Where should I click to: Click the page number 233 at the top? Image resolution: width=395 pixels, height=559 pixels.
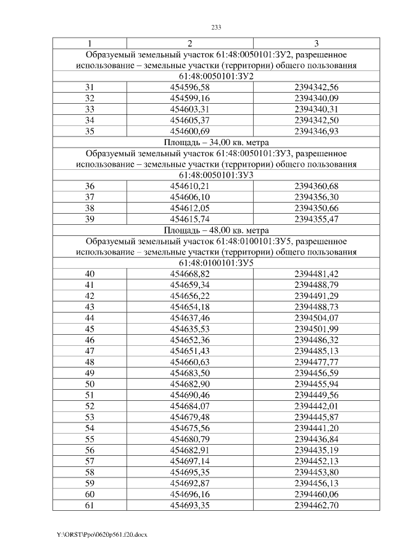tap(216, 27)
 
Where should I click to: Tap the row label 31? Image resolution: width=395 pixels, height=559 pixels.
tap(89, 88)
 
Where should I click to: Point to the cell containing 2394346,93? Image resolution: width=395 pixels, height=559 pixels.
tap(317, 132)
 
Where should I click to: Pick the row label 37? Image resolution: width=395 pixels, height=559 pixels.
tap(89, 197)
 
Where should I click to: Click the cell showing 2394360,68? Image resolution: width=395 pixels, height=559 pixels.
tap(317, 187)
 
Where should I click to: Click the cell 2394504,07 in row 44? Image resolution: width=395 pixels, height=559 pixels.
tap(317, 317)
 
